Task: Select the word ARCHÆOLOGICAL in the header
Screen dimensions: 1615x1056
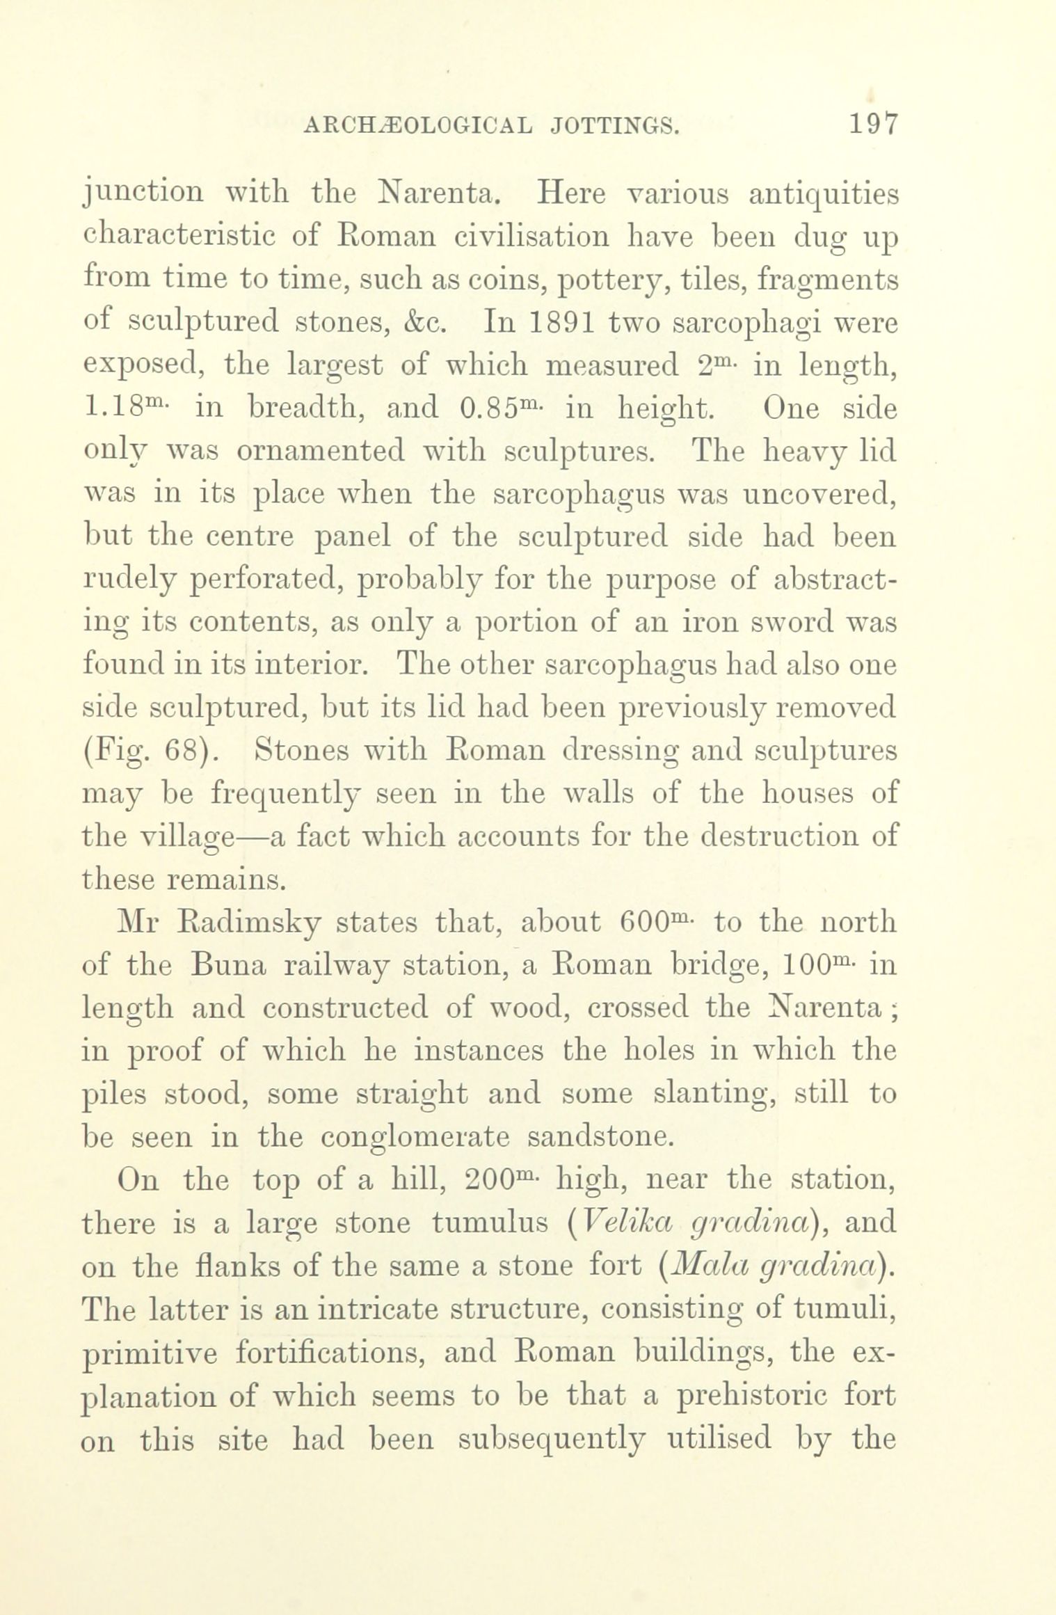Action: (415, 126)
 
